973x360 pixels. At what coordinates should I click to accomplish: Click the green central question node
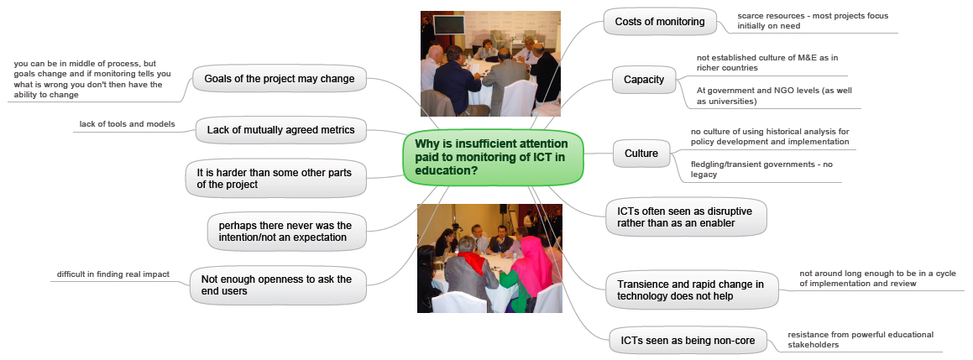click(x=494, y=158)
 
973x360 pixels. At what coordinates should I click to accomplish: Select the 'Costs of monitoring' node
click(x=660, y=22)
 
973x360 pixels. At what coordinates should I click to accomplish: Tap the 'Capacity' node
click(x=644, y=80)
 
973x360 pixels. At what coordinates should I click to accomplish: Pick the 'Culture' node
click(x=641, y=154)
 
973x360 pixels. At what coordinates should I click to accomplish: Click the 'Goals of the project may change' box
click(x=280, y=79)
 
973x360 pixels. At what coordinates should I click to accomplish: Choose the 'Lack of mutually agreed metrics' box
click(x=280, y=130)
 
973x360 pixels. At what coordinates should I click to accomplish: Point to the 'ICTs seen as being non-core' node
click(x=688, y=340)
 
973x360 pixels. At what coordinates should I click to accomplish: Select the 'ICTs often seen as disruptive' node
click(x=686, y=217)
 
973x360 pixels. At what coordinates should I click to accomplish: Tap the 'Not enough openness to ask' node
click(x=277, y=285)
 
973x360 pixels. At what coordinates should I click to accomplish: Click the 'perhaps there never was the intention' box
click(x=285, y=231)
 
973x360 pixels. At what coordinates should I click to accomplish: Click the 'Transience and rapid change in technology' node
click(x=691, y=290)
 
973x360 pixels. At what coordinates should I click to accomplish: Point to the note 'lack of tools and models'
click(x=128, y=124)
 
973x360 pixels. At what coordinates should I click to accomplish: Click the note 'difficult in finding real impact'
click(x=113, y=274)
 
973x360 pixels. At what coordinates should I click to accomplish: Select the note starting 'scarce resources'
click(x=787, y=20)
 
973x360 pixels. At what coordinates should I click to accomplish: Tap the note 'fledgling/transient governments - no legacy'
click(x=761, y=170)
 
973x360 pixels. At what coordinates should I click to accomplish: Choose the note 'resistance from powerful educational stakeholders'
click(x=860, y=340)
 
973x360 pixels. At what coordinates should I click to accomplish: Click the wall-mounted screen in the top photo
click(x=448, y=25)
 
